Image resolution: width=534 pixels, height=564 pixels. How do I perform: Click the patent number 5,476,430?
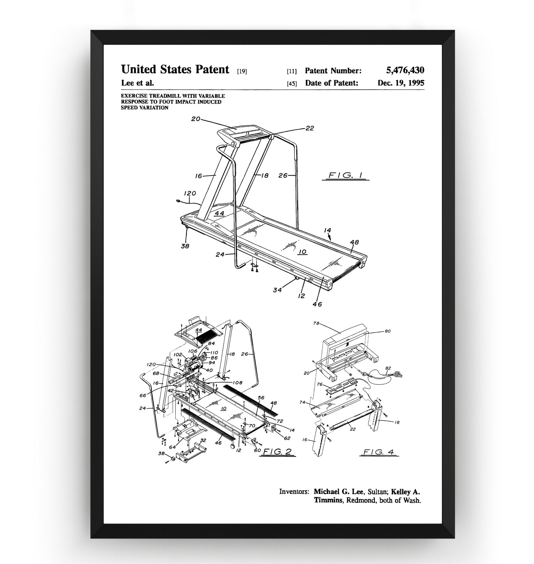[405, 70]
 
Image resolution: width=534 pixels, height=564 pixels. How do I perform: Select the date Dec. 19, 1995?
[401, 83]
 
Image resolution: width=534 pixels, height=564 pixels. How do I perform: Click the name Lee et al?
[138, 83]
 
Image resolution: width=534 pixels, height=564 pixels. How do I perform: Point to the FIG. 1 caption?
[345, 175]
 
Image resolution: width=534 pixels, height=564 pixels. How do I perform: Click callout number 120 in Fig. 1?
[190, 193]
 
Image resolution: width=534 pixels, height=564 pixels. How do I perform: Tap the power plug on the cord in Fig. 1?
[178, 201]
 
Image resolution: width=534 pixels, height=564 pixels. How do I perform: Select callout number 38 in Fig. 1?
[185, 246]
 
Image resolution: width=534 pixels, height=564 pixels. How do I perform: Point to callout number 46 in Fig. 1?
[317, 304]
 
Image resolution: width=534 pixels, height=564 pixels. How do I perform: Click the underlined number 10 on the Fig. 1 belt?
[303, 252]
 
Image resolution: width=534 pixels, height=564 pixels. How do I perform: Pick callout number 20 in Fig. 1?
[196, 119]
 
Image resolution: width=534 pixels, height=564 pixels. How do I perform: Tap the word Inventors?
[294, 492]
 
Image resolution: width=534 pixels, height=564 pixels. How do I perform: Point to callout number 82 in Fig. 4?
[388, 368]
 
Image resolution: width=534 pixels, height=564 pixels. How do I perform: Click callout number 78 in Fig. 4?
[316, 324]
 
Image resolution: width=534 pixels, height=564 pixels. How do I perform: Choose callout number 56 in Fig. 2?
[261, 398]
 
